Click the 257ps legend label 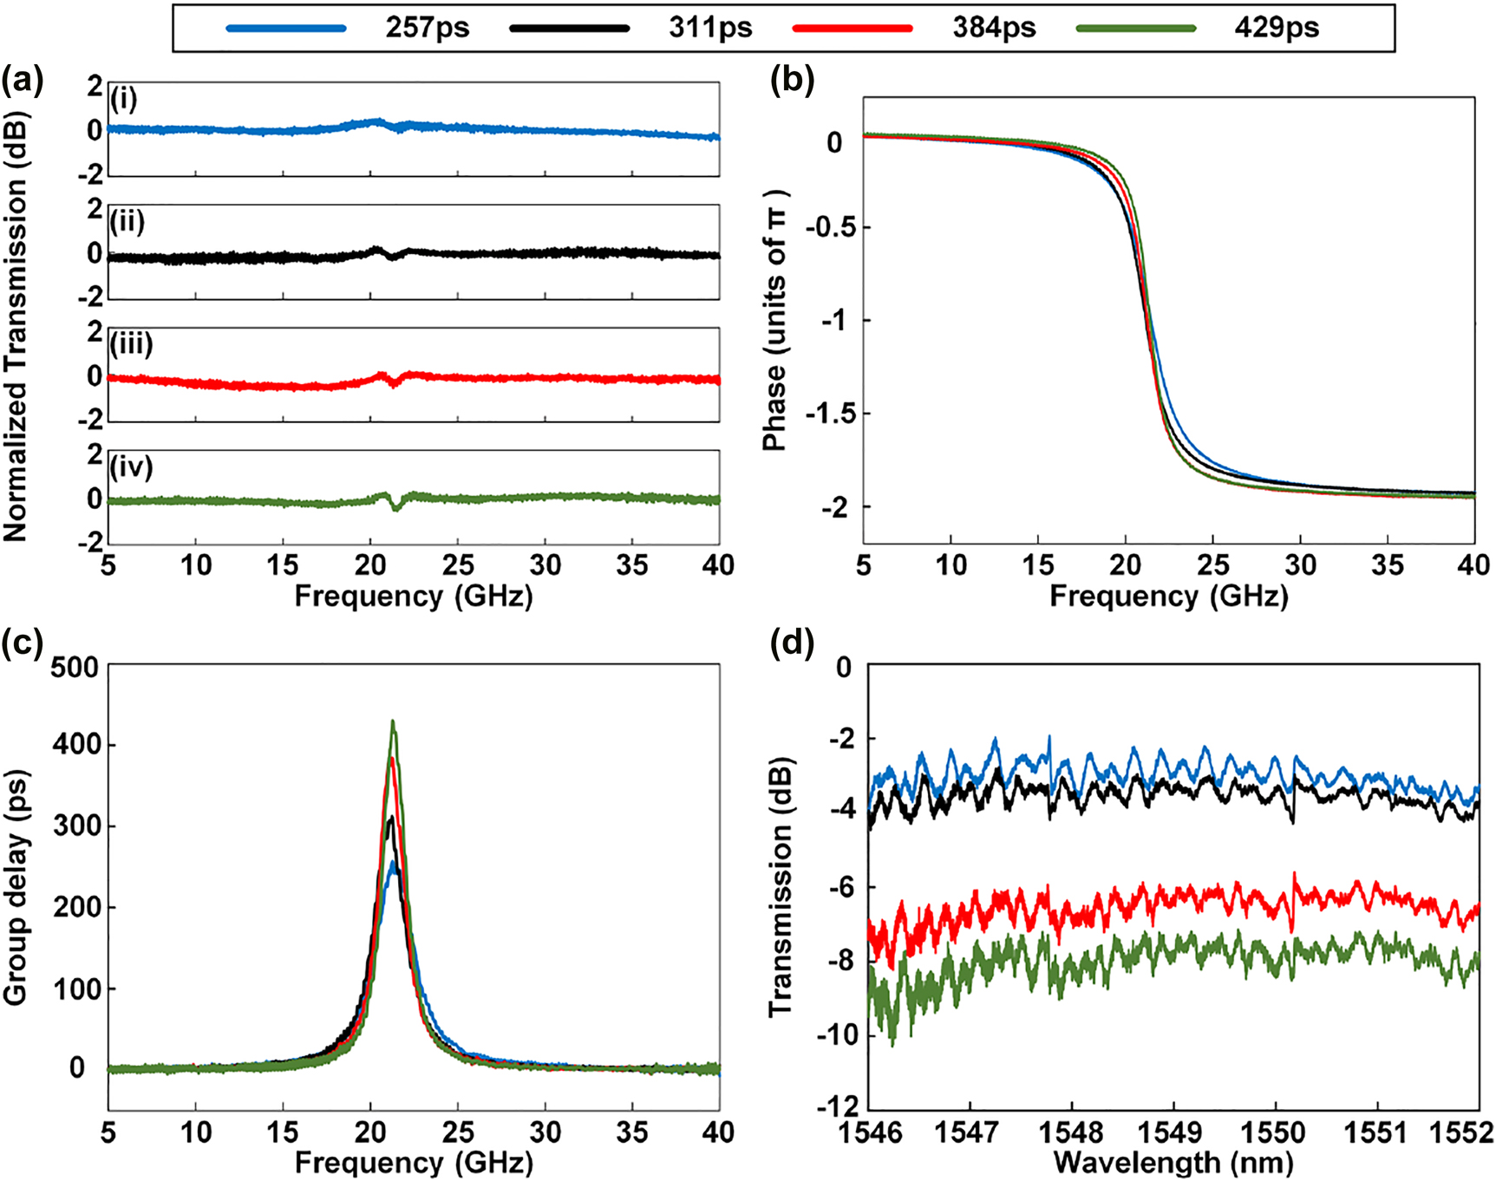pos(428,28)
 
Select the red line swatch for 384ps pos(853,29)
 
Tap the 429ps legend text pos(1277,28)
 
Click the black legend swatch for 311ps pos(570,29)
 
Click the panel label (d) pos(792,643)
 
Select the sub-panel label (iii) pos(132,344)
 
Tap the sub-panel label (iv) pos(132,467)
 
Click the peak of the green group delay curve pos(393,721)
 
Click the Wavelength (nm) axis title pos(1173,1162)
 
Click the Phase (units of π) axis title pos(774,321)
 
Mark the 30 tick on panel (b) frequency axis pos(1300,565)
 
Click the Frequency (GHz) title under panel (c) pos(414,1162)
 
